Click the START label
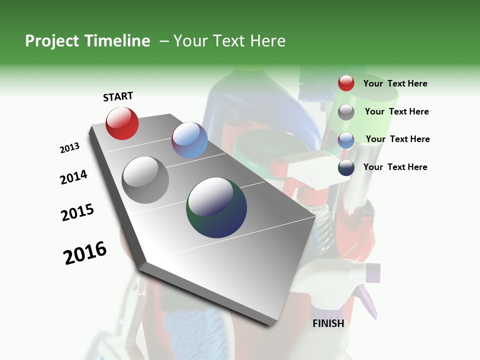click(x=118, y=96)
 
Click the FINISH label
click(x=328, y=323)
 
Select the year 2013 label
click(x=69, y=148)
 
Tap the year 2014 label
click(x=73, y=177)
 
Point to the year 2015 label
click(x=77, y=212)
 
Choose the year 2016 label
click(x=85, y=253)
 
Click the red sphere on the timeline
click(x=122, y=123)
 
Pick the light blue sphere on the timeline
click(x=189, y=140)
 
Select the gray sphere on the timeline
click(x=145, y=179)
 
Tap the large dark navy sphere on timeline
click(x=216, y=207)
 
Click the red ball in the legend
click(x=346, y=83)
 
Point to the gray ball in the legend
click(x=346, y=112)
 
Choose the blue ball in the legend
click(x=346, y=140)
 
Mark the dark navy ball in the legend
click(x=346, y=167)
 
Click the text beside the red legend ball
click(x=395, y=83)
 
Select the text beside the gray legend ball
click(x=396, y=111)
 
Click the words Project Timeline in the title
click(x=87, y=41)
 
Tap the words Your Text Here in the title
click(x=229, y=41)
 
